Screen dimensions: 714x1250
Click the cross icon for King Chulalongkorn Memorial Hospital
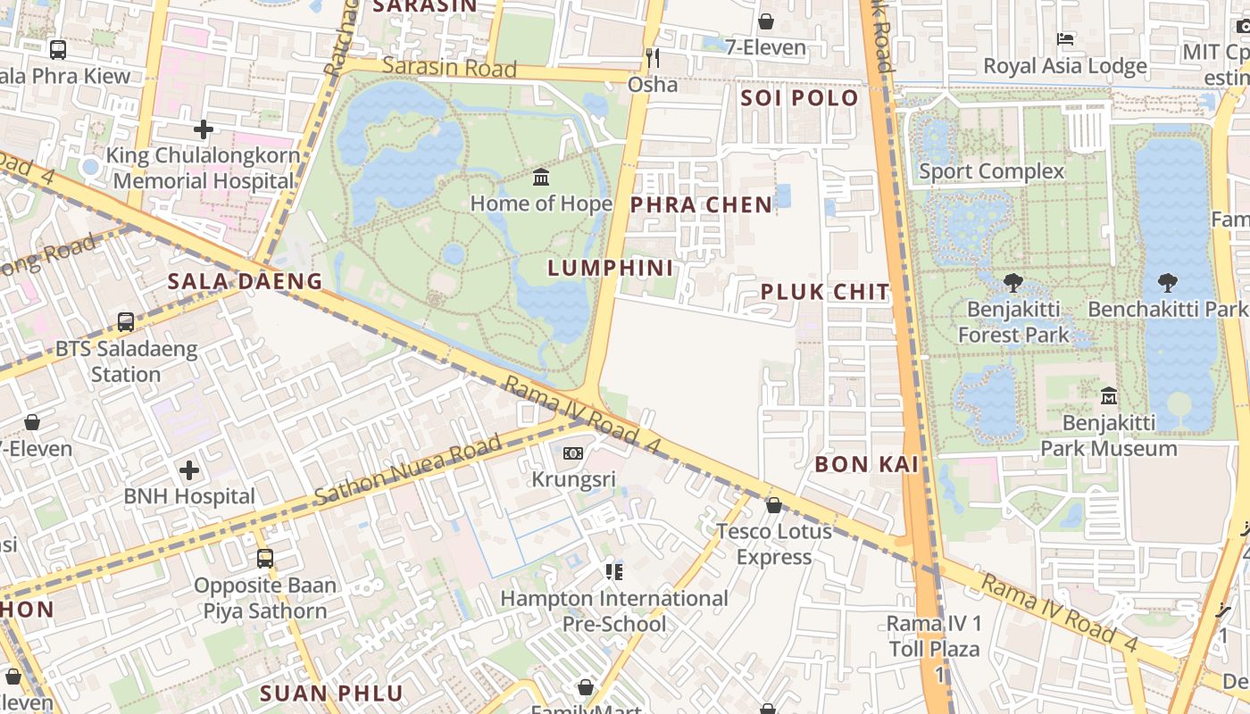pyautogui.click(x=204, y=129)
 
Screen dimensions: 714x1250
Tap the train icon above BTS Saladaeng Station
pyautogui.click(x=126, y=321)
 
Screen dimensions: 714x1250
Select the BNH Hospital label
pyautogui.click(x=189, y=496)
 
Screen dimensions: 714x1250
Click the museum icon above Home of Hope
pyautogui.click(x=541, y=177)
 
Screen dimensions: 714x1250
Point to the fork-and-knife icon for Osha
pyautogui.click(x=653, y=59)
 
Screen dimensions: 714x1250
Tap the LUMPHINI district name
pyautogui.click(x=611, y=268)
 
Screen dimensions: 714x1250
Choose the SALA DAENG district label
pyautogui.click(x=246, y=282)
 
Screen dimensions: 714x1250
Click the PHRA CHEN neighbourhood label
pyautogui.click(x=701, y=204)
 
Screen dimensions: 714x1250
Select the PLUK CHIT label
pyautogui.click(x=825, y=292)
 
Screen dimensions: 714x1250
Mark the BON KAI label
pyautogui.click(x=866, y=464)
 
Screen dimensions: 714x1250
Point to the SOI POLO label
pyautogui.click(x=799, y=98)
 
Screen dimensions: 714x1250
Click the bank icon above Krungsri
pyautogui.click(x=573, y=453)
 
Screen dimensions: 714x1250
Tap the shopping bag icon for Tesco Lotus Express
pyautogui.click(x=774, y=505)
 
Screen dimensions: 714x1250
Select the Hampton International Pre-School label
pyautogui.click(x=614, y=610)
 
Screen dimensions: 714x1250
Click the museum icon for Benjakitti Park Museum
pyautogui.click(x=1109, y=394)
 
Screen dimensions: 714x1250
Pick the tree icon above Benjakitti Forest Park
pyautogui.click(x=1013, y=284)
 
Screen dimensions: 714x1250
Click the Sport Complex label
pyautogui.click(x=991, y=171)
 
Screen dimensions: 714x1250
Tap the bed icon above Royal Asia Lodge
pyautogui.click(x=1065, y=39)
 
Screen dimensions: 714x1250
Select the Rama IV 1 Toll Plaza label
pyautogui.click(x=933, y=635)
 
